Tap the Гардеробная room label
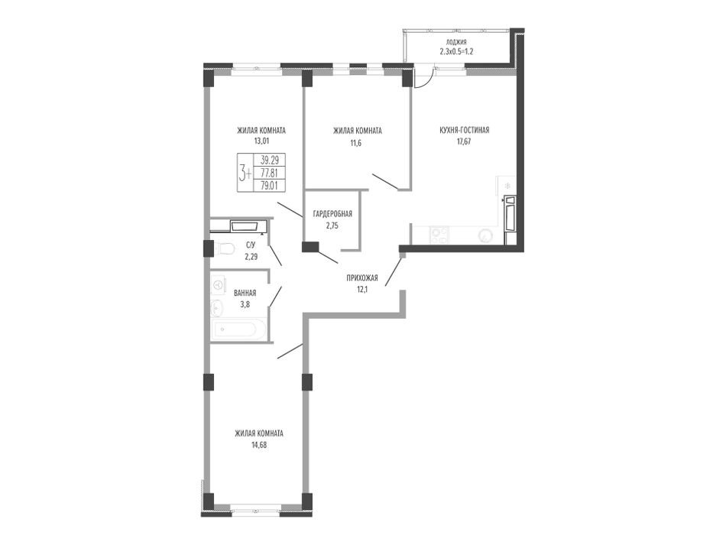point(332,214)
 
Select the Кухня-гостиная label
point(464,131)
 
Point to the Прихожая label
point(362,278)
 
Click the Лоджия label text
point(456,42)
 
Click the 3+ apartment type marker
point(245,174)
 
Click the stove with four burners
point(439,235)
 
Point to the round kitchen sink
point(485,236)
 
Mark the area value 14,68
point(259,445)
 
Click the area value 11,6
point(355,143)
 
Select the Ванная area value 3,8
point(245,304)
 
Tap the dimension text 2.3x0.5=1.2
point(456,52)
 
